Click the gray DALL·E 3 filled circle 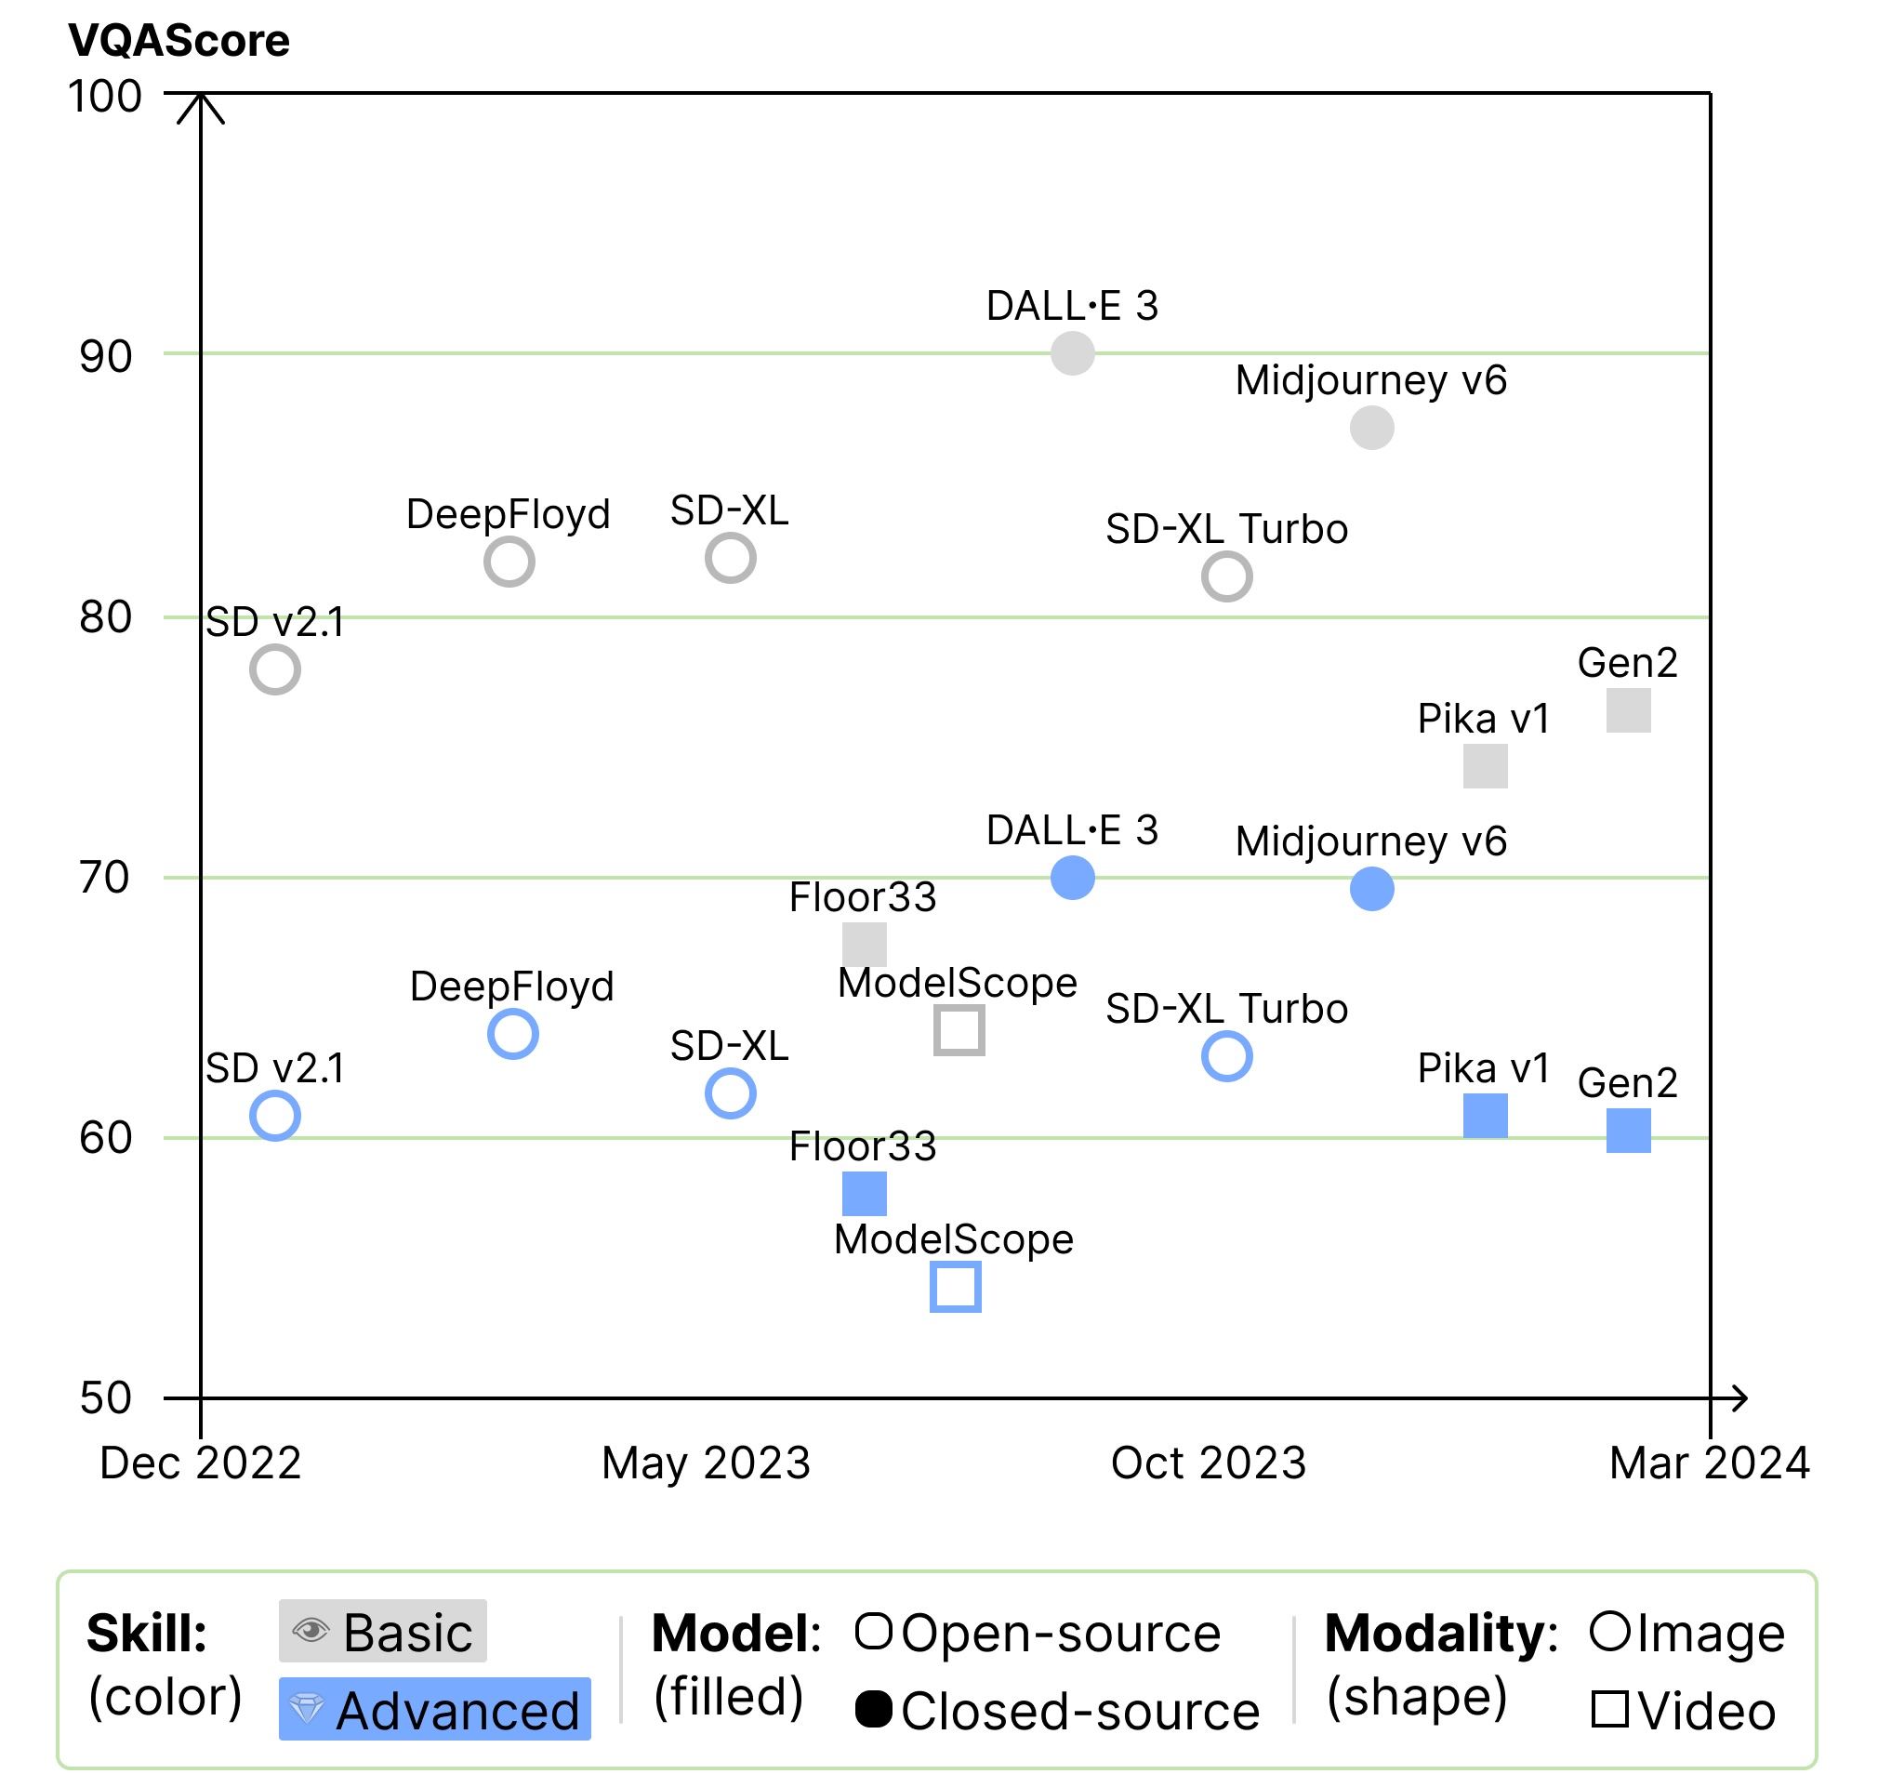(1072, 353)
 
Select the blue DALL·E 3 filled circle (1072, 878)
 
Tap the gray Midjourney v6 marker (1371, 429)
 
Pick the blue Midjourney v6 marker (1371, 889)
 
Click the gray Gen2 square (1627, 710)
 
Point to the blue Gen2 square (1627, 1130)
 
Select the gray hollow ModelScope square (959, 1030)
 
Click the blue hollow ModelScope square (955, 1287)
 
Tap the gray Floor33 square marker (864, 945)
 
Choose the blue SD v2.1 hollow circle (275, 1116)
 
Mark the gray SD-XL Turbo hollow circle (1226, 576)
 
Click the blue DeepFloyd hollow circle (512, 1034)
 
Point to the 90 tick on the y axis (105, 357)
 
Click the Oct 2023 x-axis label (1208, 1463)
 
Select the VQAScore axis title (179, 41)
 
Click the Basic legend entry (383, 1632)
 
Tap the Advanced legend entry (435, 1710)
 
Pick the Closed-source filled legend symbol (873, 1709)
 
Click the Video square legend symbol (1608, 1709)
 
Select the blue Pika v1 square (1485, 1116)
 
